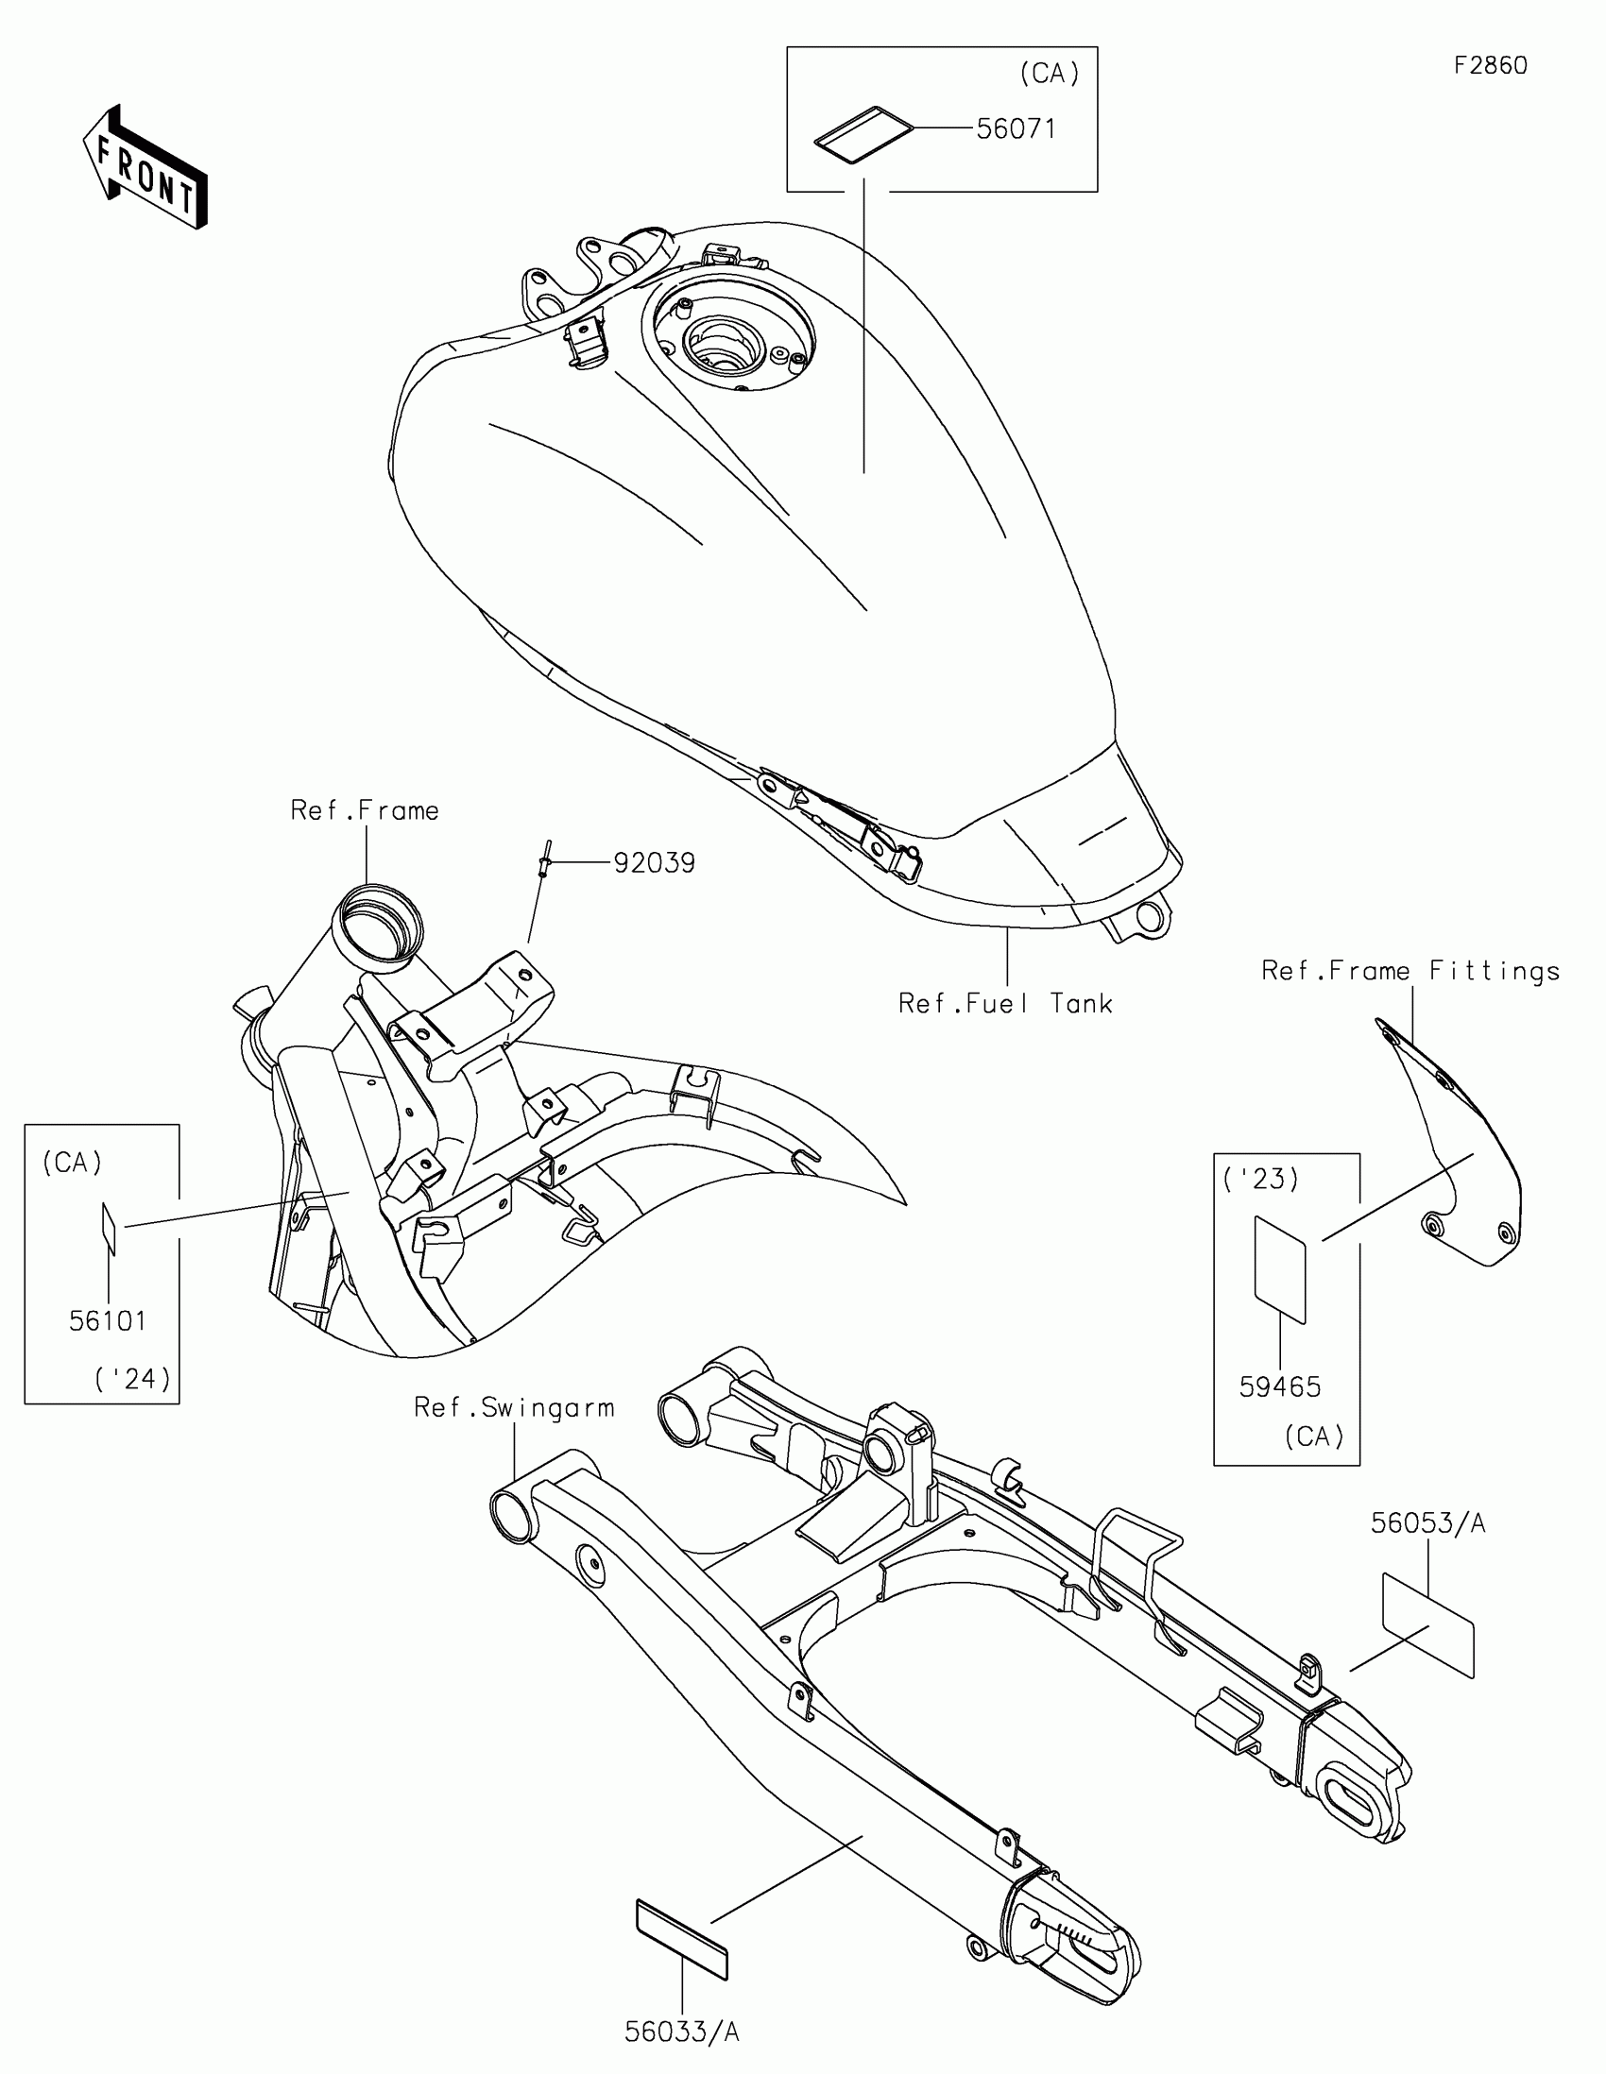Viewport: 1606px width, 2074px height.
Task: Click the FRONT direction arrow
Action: pos(145,167)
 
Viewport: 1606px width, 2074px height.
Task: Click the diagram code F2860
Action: pos(1490,65)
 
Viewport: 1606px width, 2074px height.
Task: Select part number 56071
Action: pos(1016,128)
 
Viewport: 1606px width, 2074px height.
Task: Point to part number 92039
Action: pos(654,863)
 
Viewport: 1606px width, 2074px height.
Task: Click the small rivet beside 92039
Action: pos(543,861)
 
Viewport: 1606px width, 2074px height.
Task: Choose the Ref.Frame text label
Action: pos(365,811)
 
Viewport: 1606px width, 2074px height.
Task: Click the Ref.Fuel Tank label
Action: pos(1005,1004)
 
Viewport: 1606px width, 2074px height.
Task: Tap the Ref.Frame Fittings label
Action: pos(1410,971)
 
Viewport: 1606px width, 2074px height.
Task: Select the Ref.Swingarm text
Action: pos(514,1407)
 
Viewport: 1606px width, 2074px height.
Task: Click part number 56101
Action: pos(108,1321)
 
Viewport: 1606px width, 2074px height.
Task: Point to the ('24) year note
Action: pos(132,1378)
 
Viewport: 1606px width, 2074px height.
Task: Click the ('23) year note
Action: pos(1260,1180)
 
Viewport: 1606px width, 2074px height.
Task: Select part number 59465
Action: pos(1279,1387)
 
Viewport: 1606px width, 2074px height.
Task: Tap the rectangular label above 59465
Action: pos(1280,1268)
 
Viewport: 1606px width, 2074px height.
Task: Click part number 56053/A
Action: pos(1427,1523)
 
